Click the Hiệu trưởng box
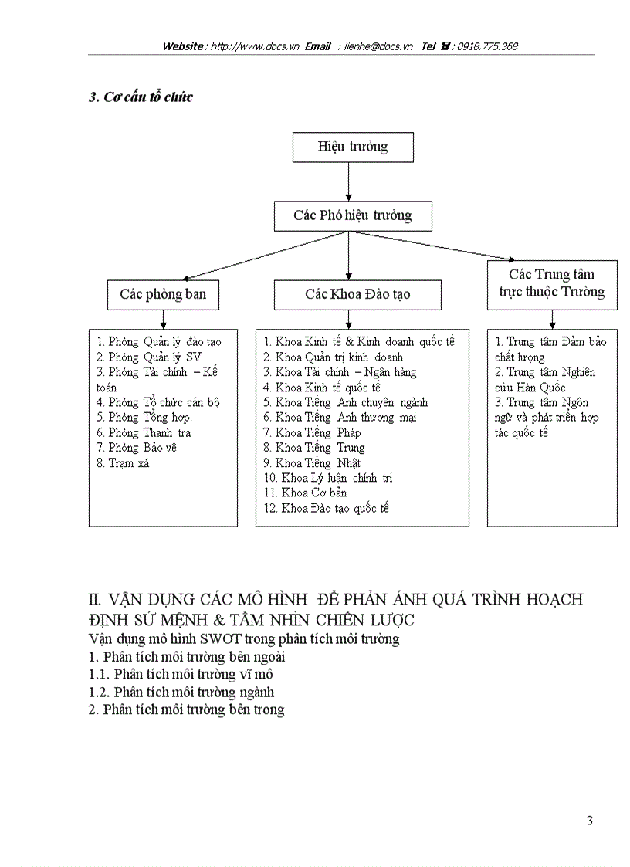(353, 147)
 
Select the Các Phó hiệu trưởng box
(353, 216)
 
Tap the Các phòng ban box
(163, 295)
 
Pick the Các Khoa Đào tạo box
(357, 295)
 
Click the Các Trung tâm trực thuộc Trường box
(551, 284)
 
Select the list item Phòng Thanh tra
(144, 433)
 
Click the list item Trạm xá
(124, 463)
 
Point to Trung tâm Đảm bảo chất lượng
(545, 349)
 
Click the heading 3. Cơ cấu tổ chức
(141, 97)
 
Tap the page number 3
(590, 821)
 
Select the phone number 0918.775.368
(487, 46)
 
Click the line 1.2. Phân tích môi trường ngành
(181, 692)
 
